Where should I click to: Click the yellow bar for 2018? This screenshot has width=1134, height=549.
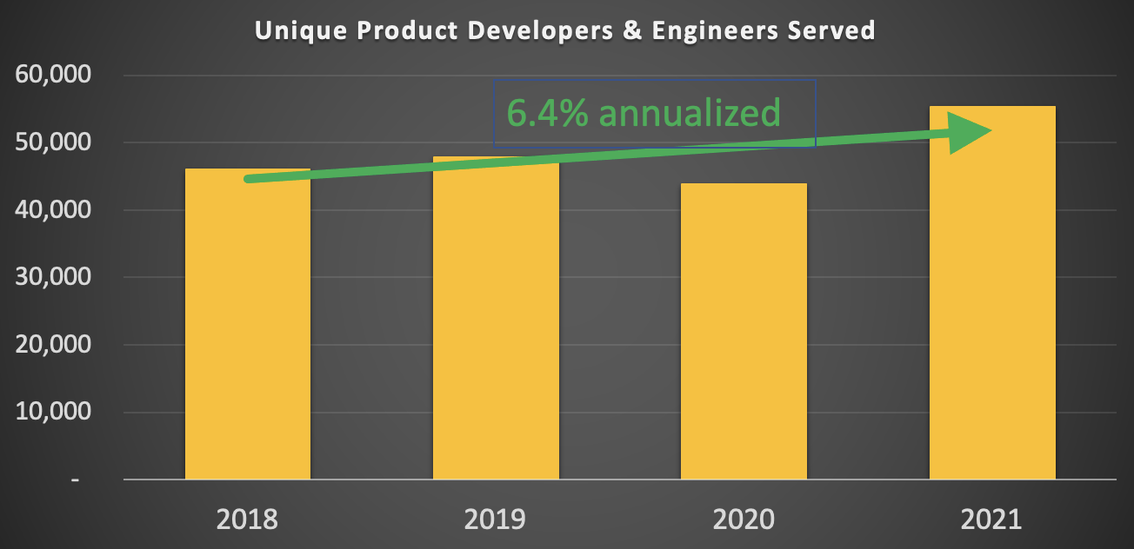tap(248, 330)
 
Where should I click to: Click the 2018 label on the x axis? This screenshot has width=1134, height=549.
tap(247, 519)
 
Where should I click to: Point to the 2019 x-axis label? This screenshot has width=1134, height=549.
tap(495, 519)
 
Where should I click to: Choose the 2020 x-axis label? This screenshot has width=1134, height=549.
tap(744, 519)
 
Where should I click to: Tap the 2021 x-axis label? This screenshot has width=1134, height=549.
tap(992, 519)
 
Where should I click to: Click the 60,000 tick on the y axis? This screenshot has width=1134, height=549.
tap(54, 76)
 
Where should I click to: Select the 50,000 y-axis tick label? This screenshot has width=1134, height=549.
tap(54, 142)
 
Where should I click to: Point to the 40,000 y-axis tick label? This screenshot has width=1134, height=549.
tap(54, 210)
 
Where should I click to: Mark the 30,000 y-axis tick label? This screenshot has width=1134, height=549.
tap(54, 277)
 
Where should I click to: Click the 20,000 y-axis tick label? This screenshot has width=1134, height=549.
tap(54, 345)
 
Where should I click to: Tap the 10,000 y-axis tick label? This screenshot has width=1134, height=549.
tap(54, 412)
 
